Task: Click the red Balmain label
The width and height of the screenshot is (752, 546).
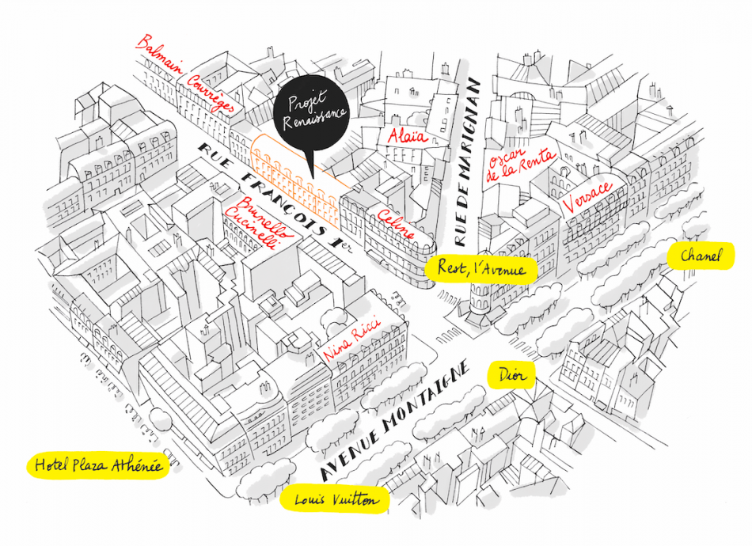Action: point(159,54)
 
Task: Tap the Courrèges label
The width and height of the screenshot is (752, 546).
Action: point(211,93)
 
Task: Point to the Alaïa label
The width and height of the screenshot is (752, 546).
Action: point(408,135)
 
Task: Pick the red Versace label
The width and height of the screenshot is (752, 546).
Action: point(588,196)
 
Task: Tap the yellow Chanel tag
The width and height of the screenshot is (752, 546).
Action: point(701,256)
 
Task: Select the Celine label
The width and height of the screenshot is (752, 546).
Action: point(396,223)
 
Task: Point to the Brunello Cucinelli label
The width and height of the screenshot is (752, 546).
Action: point(259,223)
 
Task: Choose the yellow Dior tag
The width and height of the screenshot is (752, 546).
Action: point(511,374)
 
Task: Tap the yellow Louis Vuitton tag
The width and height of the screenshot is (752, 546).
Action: point(335,499)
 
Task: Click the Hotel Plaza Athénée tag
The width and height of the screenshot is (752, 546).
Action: point(98,465)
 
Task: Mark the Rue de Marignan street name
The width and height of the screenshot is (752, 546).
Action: point(466,162)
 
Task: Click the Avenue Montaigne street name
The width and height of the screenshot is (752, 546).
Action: point(395,420)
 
